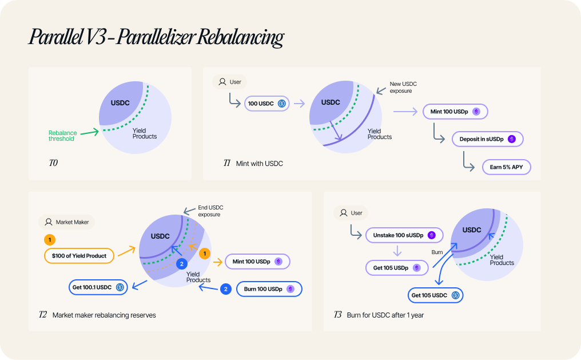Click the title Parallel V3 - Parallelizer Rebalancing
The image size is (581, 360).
(156, 37)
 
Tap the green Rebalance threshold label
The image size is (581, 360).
(63, 136)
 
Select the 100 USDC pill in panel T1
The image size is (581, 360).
(267, 104)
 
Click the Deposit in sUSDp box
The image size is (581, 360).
(488, 139)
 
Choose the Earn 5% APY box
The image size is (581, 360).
(507, 167)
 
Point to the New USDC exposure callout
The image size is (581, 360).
(403, 88)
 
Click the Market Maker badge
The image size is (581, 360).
(67, 222)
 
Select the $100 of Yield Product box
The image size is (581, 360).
(79, 256)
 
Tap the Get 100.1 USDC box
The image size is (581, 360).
(98, 287)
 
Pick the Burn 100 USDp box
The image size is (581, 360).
(269, 289)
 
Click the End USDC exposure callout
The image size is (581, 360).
(210, 211)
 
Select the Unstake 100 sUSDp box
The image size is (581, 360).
(404, 235)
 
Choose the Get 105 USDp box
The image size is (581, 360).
(397, 268)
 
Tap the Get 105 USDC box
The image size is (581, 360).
(435, 295)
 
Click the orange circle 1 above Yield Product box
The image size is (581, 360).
(50, 240)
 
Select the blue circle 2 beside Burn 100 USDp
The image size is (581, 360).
(226, 289)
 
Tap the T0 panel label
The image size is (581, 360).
(53, 163)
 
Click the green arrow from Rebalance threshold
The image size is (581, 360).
(90, 132)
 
